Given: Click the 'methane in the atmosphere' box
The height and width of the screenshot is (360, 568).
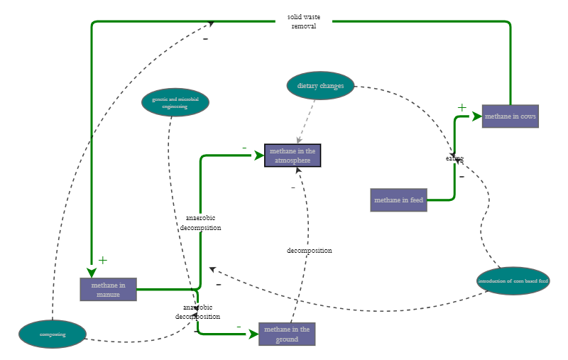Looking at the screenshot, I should (293, 156).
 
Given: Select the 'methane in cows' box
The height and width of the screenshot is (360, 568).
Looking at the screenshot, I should (510, 116).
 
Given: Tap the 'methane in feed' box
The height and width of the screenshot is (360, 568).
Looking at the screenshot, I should (398, 200).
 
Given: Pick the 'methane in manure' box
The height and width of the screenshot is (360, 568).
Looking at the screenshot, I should (108, 290).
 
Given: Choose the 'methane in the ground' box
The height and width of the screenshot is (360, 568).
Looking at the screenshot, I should (287, 334).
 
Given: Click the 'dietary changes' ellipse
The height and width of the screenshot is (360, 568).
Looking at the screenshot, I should (320, 86).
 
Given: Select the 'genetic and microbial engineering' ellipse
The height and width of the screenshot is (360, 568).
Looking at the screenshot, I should (175, 102).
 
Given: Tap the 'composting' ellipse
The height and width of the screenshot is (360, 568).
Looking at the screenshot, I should (53, 334).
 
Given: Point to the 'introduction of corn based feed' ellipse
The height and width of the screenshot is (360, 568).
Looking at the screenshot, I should (513, 281).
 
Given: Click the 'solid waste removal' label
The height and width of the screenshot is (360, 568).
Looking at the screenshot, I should (303, 21).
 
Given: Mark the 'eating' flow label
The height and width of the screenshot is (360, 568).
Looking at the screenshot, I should (454, 158).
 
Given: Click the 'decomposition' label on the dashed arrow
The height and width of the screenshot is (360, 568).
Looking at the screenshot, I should (309, 251).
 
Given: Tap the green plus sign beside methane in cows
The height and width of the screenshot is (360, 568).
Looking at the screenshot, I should (461, 108).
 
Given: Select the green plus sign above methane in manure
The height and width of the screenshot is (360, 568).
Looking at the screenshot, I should (102, 261).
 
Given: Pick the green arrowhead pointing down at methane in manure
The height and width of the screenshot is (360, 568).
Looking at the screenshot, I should (92, 272).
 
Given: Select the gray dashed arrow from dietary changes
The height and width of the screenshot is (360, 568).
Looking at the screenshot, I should (306, 120).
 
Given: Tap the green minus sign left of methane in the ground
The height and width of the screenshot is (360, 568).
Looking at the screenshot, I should (239, 326).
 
